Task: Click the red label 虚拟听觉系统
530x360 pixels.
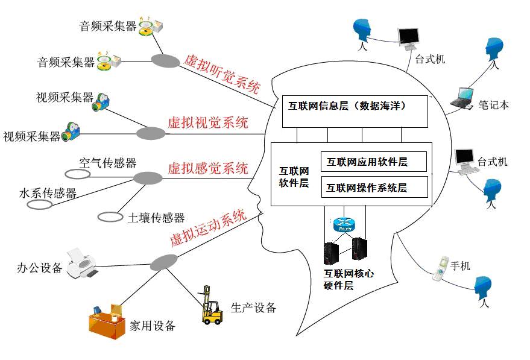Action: [x=221, y=73]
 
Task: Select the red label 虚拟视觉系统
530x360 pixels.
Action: [x=207, y=124]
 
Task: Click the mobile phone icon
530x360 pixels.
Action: [x=440, y=269]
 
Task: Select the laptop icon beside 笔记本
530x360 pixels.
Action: [x=462, y=98]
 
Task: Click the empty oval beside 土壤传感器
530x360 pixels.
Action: [x=110, y=216]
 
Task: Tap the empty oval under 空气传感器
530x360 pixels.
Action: [x=77, y=174]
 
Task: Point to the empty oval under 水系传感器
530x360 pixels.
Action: [x=40, y=204]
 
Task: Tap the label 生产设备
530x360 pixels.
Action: [x=253, y=308]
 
